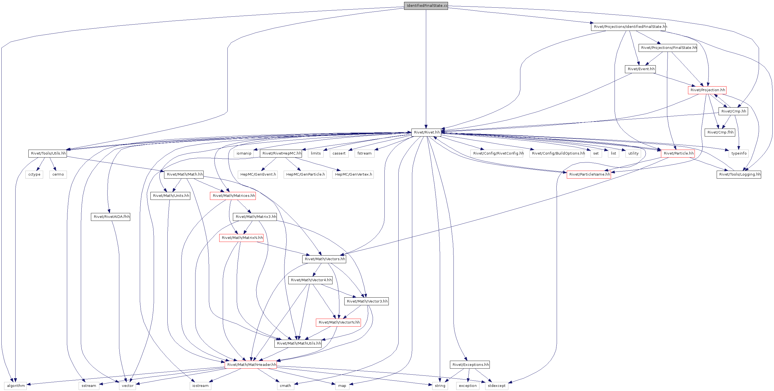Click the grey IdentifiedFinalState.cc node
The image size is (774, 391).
[426, 6]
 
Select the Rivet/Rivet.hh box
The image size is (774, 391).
[426, 132]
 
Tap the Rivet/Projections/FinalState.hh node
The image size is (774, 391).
[668, 48]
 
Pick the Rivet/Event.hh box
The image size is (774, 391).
[640, 69]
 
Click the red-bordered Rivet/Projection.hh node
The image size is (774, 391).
[707, 90]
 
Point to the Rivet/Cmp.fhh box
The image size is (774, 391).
[720, 132]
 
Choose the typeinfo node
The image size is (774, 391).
[739, 153]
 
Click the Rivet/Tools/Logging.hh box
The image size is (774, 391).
[739, 174]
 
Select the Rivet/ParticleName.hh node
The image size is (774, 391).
[589, 174]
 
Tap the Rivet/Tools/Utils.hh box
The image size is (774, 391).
[48, 153]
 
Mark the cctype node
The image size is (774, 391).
[34, 174]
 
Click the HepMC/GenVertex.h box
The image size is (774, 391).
[353, 174]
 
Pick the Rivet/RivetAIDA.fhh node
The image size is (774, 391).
[111, 217]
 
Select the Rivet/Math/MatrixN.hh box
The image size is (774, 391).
[242, 238]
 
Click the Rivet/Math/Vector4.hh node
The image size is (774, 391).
[311, 280]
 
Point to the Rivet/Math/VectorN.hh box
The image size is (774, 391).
[339, 322]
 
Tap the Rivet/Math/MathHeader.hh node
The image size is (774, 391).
[251, 365]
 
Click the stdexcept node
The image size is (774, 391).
[496, 386]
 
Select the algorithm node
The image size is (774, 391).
[15, 386]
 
